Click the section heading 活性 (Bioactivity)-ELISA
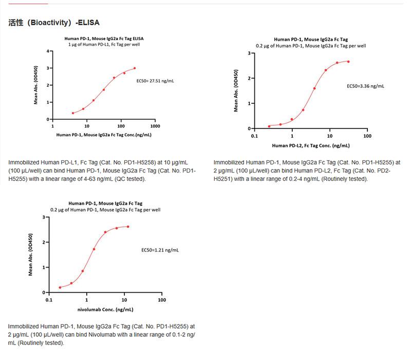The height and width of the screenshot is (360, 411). point(54,23)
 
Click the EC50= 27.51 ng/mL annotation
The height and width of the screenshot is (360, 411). point(155,81)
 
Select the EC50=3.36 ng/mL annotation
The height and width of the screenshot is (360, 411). point(365,86)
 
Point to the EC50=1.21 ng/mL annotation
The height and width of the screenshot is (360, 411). point(160,250)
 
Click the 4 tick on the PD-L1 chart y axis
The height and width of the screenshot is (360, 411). point(48,51)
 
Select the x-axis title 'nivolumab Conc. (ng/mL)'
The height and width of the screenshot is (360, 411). point(105,310)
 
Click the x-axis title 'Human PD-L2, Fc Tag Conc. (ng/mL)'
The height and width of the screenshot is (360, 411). point(310,145)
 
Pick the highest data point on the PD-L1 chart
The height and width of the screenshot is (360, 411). point(135,68)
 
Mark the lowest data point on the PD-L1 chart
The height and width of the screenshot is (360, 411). point(73,113)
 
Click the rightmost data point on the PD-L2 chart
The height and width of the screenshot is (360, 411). point(348,62)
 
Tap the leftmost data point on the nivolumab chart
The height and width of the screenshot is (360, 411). point(60,288)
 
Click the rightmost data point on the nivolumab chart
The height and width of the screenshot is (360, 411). point(128,226)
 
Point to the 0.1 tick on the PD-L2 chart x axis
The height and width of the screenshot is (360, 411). point(254,136)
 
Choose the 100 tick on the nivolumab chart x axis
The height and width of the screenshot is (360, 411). point(162,300)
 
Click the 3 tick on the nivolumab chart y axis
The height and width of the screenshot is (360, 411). point(44,217)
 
